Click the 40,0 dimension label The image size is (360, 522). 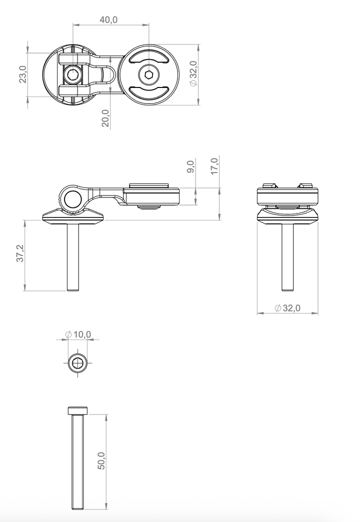(108, 19)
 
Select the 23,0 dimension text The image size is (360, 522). (22, 74)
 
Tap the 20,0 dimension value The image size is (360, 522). (105, 118)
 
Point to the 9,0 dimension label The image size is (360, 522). (190, 166)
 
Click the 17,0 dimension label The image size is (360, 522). (214, 166)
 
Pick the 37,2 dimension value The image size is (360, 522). (20, 253)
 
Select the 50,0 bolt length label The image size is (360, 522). (101, 460)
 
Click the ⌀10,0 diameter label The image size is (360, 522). (78, 334)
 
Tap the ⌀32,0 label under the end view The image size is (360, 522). (287, 308)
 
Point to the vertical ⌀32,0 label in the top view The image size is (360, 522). (193, 73)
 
